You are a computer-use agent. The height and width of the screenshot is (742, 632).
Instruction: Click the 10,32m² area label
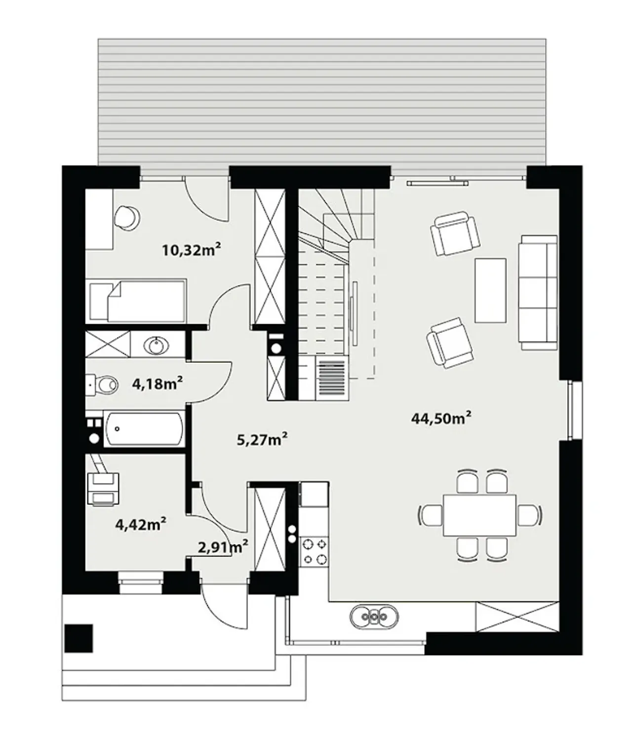click(191, 249)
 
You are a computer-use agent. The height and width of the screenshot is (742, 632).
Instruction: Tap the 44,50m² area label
click(441, 418)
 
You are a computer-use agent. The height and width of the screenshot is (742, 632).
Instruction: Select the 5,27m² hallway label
click(262, 439)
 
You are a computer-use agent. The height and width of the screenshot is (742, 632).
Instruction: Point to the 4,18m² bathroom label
click(158, 384)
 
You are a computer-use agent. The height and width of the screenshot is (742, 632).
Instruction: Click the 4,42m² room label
click(140, 524)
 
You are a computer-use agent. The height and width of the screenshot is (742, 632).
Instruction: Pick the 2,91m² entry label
click(223, 547)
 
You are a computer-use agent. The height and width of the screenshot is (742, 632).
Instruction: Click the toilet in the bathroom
click(102, 385)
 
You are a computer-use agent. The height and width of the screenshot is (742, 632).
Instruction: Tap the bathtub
click(144, 430)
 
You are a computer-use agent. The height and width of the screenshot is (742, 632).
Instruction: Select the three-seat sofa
click(538, 293)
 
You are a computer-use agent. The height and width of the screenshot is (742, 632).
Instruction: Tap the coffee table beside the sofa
click(490, 290)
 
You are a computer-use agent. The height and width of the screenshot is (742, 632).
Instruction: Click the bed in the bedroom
click(138, 301)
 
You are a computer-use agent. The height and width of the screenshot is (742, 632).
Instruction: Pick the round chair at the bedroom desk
click(127, 217)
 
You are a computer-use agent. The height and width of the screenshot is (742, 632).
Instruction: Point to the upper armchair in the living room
click(455, 233)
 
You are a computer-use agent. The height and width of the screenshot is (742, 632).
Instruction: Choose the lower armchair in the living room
click(450, 343)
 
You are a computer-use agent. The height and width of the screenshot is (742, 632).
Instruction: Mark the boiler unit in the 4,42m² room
click(103, 489)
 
